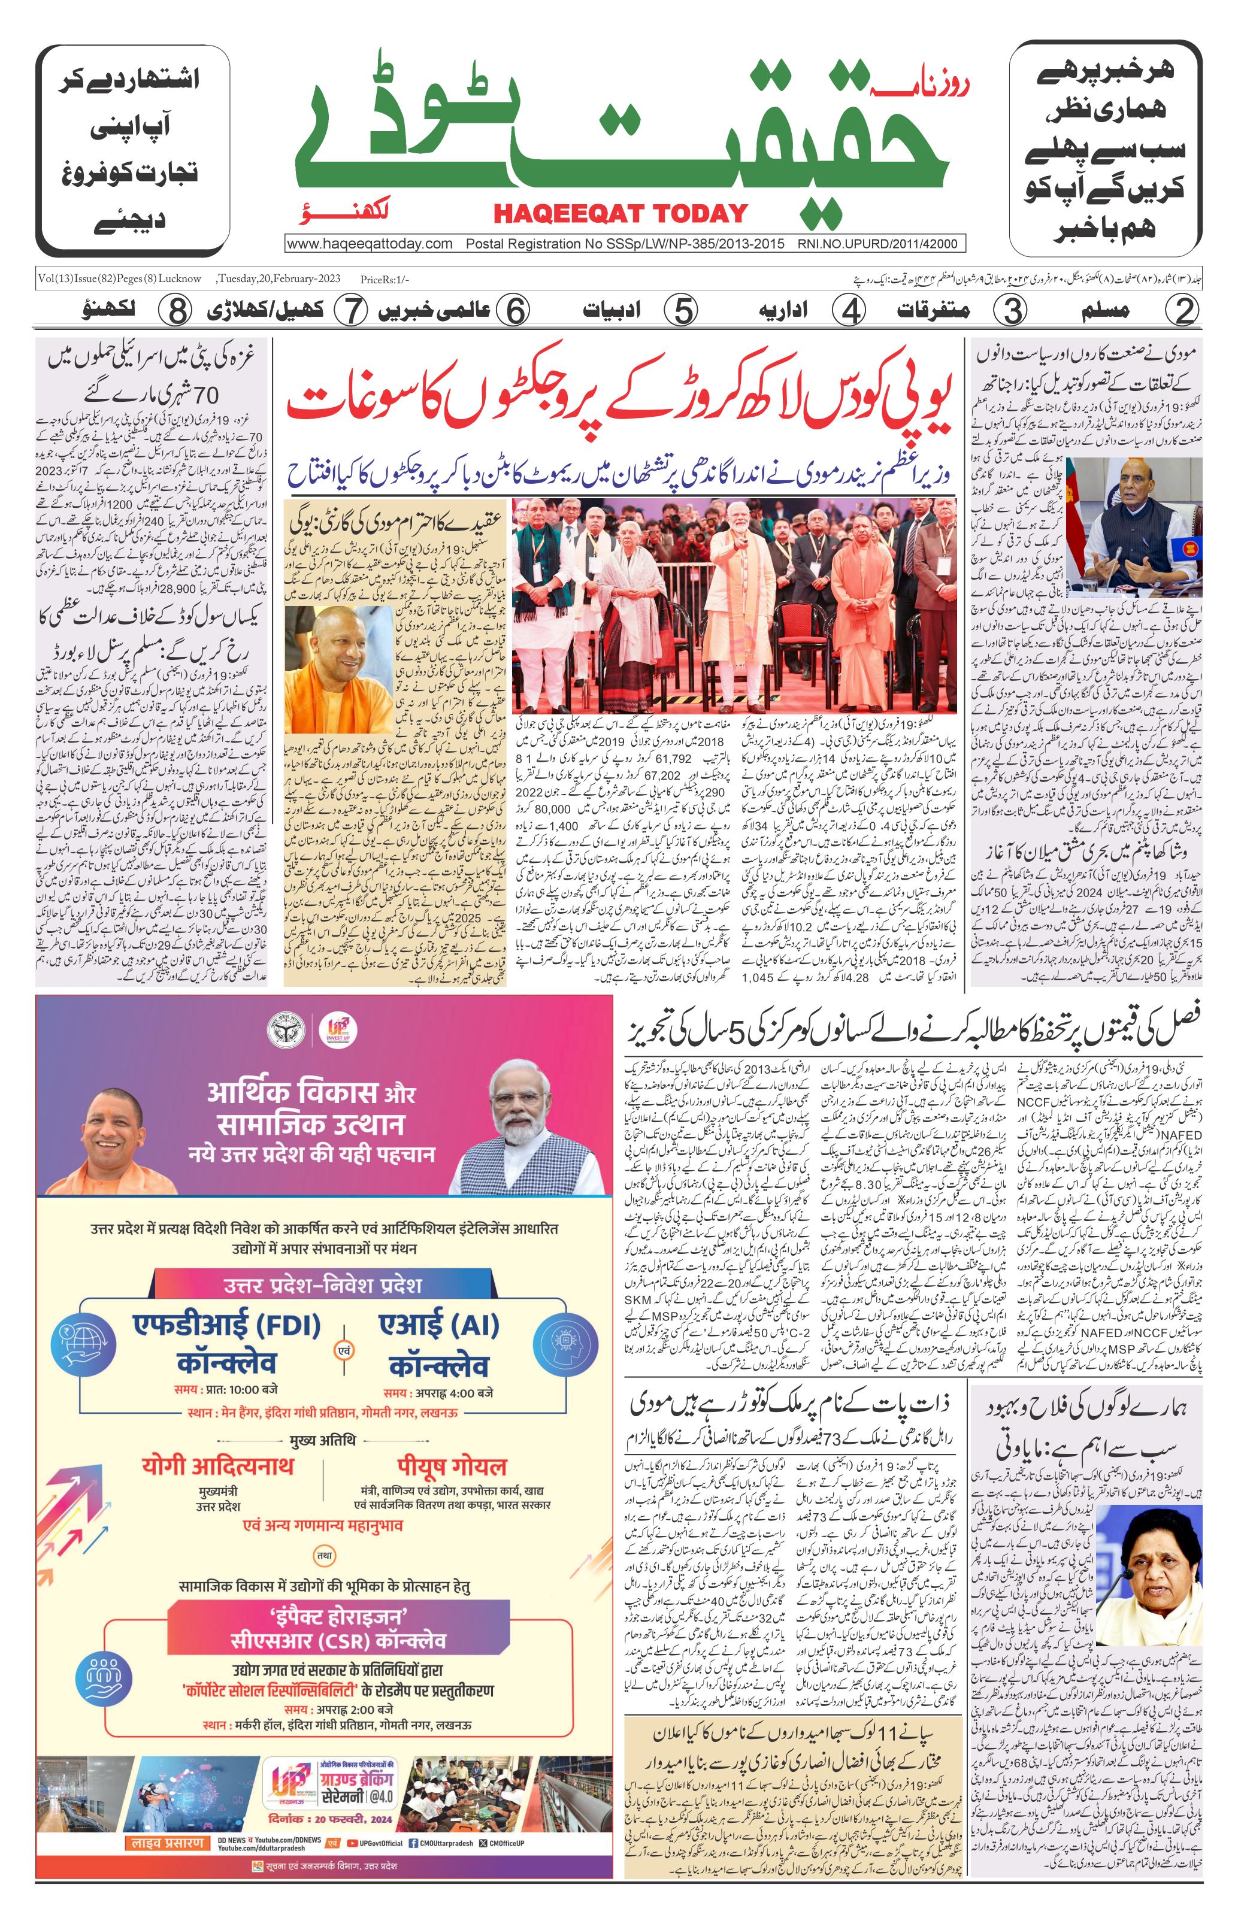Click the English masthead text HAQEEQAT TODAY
click(620, 214)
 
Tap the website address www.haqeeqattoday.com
click(370, 244)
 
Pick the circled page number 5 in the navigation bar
click(683, 311)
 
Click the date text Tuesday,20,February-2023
click(279, 279)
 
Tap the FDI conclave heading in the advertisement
click(227, 1342)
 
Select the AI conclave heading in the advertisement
click(439, 1342)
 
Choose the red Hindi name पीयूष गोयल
click(451, 1465)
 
